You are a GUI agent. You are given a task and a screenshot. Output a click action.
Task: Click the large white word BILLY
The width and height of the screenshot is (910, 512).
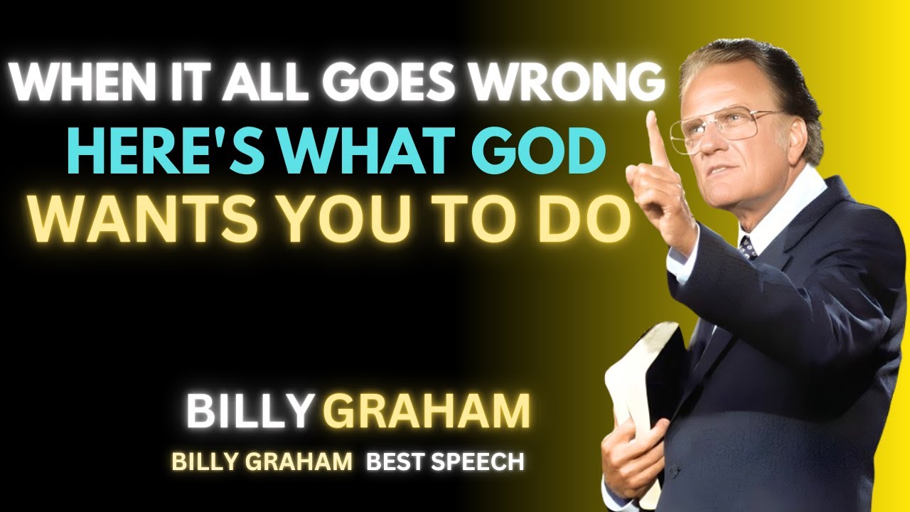[x=250, y=412]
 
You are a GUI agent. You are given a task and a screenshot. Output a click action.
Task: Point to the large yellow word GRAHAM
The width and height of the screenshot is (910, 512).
[x=427, y=412]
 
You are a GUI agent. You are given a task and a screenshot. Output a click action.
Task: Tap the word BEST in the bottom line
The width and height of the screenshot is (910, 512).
[x=393, y=462]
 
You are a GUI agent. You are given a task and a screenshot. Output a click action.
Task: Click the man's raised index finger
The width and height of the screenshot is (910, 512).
[x=655, y=139]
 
